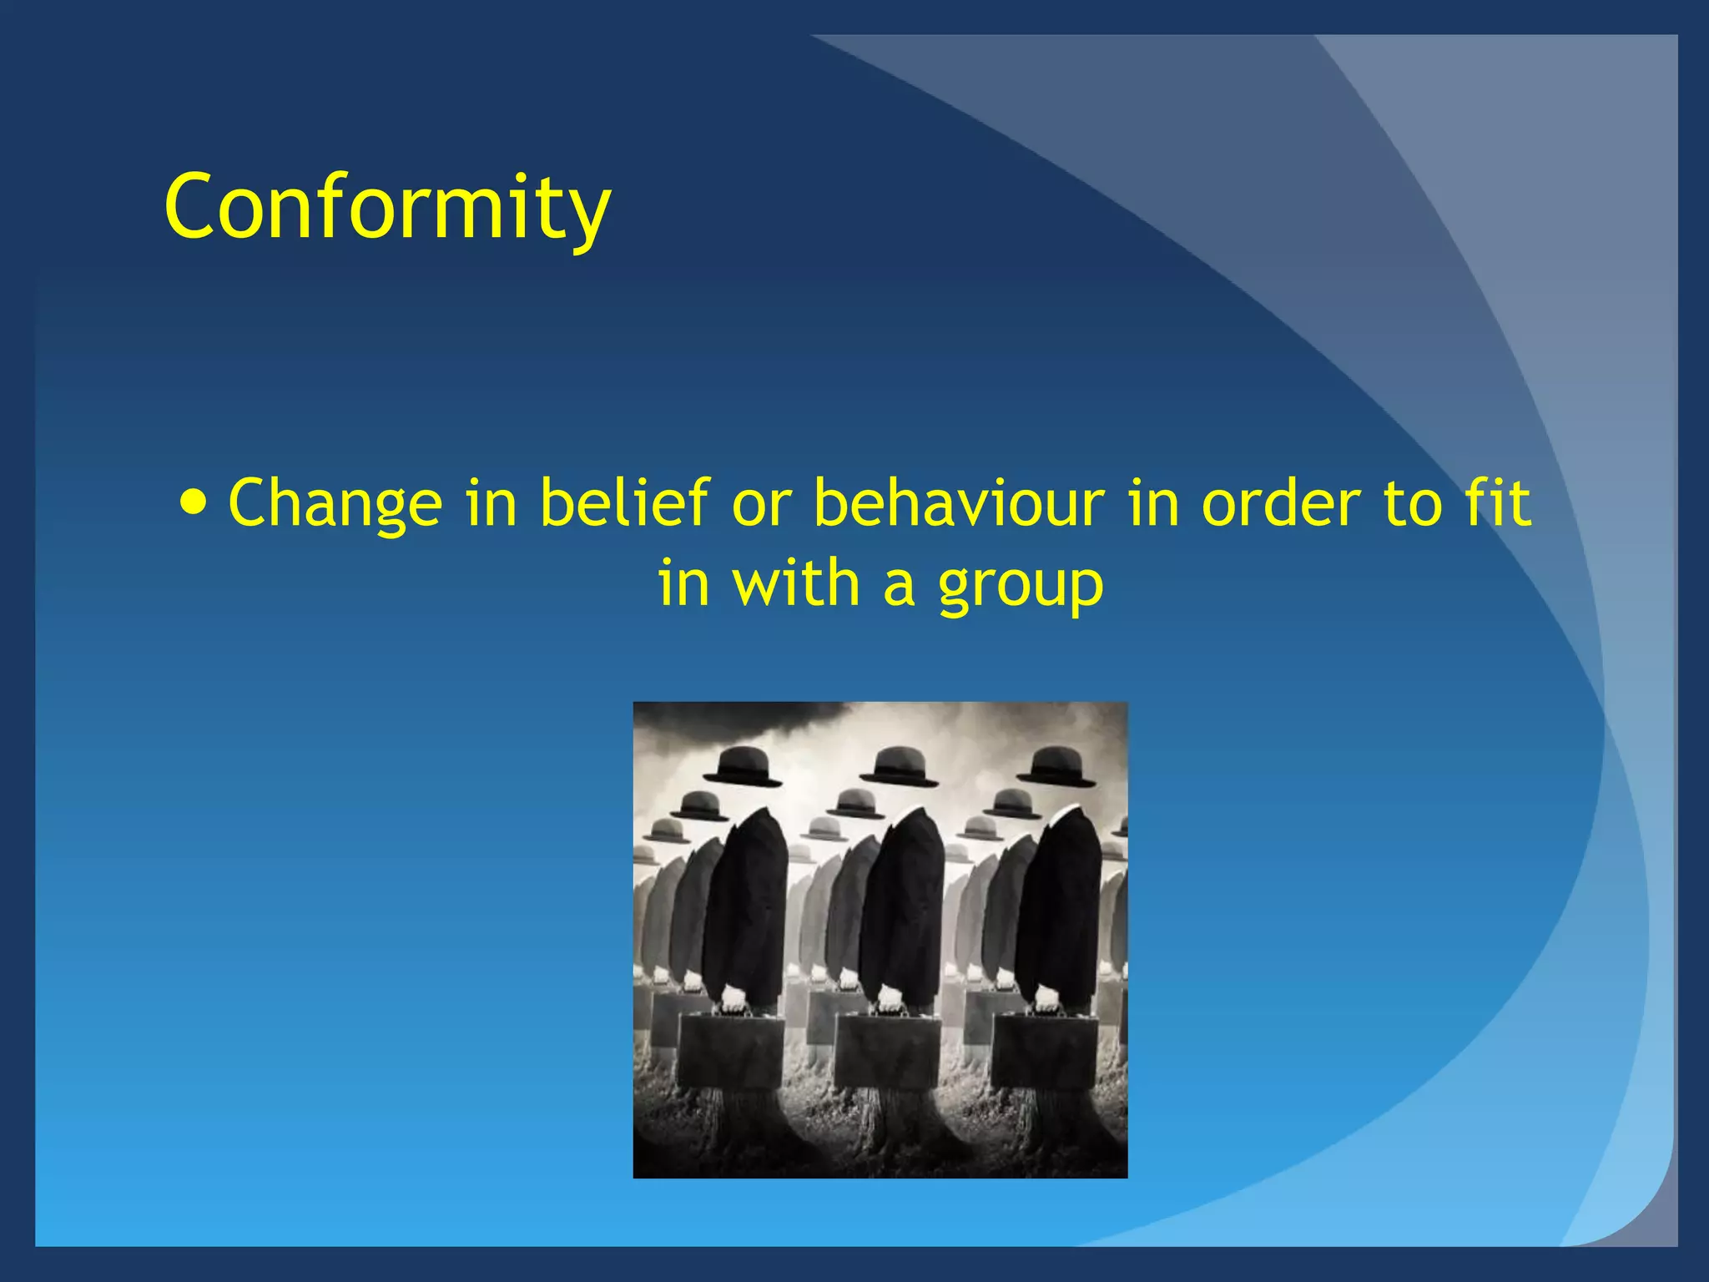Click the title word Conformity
388,206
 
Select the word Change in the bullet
335,503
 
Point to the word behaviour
959,503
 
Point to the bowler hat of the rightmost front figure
1060,766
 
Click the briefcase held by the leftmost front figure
730,1050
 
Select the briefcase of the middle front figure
887,1050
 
